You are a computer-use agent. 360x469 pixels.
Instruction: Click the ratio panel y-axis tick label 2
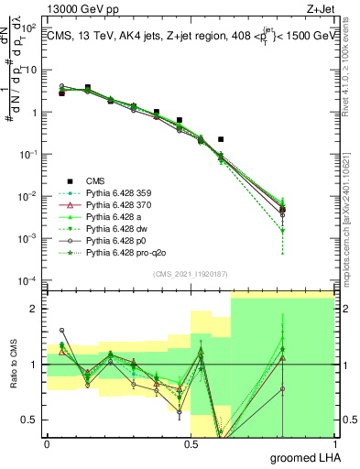33,309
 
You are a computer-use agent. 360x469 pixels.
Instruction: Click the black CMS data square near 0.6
221,139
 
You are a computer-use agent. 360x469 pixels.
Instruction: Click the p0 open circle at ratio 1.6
61,330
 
